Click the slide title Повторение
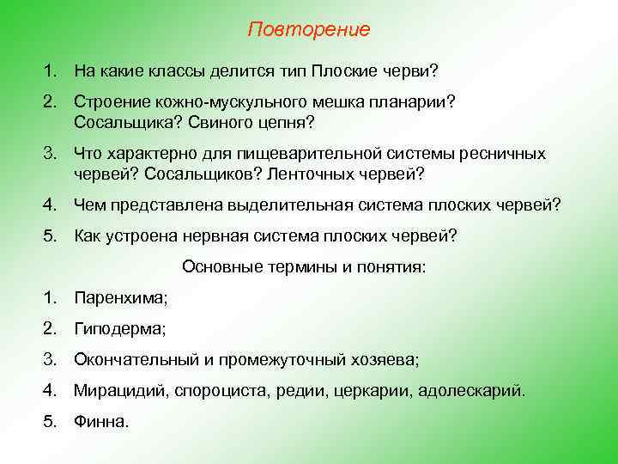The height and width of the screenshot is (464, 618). click(309, 30)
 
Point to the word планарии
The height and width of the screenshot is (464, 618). click(417, 101)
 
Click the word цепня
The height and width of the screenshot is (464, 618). click(285, 122)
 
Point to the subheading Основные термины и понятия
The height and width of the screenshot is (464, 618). click(304, 267)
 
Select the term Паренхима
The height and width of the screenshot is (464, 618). click(121, 298)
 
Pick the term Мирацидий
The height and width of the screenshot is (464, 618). click(120, 391)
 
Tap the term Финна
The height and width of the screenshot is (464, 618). click(101, 422)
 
